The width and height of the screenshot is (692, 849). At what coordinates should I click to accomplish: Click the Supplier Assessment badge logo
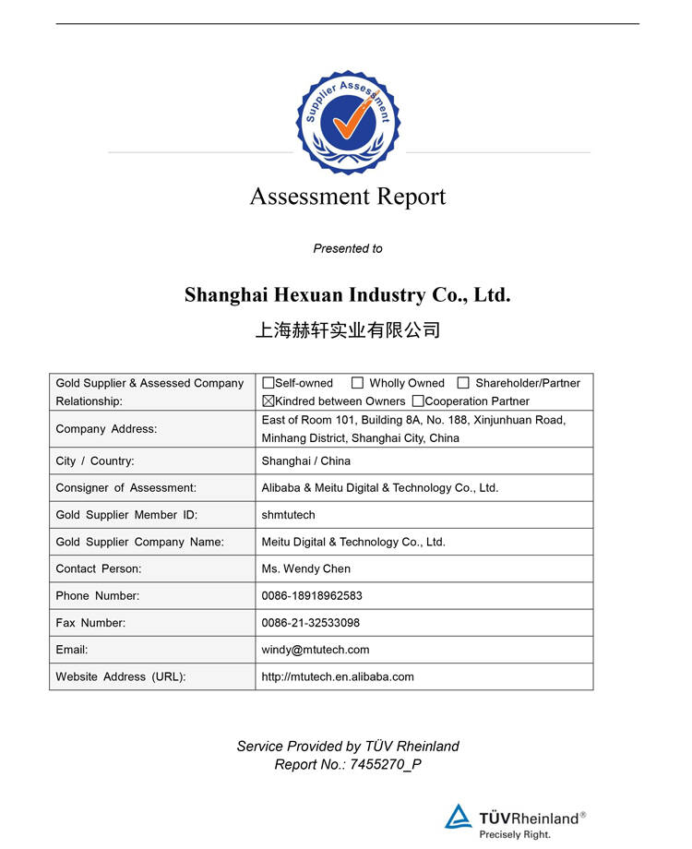pos(349,122)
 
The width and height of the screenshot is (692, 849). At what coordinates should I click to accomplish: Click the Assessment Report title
pos(348,197)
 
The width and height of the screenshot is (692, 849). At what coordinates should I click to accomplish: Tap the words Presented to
pos(348,248)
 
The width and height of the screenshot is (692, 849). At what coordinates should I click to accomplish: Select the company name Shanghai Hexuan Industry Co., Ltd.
pos(347,295)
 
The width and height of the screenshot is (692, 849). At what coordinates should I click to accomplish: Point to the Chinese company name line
pos(348,330)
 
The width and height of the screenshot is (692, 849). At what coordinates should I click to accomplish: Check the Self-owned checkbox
pos(268,383)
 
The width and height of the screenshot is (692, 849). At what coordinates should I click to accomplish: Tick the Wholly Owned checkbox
pos(357,383)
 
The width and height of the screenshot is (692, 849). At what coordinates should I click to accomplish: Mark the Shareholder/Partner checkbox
pos(463,383)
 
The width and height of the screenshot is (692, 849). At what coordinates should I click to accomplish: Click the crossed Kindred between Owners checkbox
pos(268,401)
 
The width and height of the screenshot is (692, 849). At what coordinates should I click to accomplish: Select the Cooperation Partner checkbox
pos(418,401)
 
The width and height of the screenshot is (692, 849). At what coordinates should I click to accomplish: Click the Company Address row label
pos(106,429)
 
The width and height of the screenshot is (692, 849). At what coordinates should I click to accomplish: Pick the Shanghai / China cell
pos(306,460)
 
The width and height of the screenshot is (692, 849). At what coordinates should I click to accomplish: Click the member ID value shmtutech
pos(289,515)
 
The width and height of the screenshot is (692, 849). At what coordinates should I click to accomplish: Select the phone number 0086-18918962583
pos(312,595)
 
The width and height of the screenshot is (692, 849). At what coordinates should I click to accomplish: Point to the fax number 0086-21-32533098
pos(311,623)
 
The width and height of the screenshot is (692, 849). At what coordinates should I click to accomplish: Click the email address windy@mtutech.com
pos(316,650)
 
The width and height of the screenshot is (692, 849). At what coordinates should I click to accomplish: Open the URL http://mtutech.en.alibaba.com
pos(338,676)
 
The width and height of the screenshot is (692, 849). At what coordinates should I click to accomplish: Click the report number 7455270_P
pos(386,764)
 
